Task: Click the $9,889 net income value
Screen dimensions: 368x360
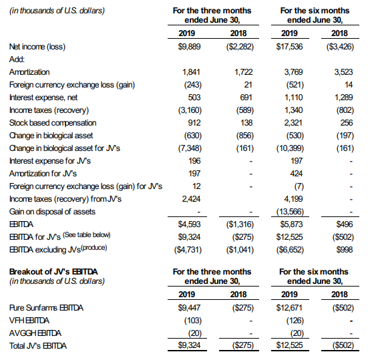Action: point(189,47)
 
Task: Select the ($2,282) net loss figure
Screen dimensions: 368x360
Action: point(240,47)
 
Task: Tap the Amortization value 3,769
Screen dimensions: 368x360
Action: point(293,72)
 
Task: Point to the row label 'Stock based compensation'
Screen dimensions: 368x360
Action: point(53,123)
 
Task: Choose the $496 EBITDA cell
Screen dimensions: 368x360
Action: point(345,224)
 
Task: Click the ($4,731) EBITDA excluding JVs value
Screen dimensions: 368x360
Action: point(188,250)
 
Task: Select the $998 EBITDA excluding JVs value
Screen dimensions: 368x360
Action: point(345,250)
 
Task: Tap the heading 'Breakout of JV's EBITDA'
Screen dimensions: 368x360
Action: point(53,272)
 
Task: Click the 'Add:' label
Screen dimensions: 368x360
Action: point(17,59)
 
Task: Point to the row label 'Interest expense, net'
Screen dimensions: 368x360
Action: point(43,98)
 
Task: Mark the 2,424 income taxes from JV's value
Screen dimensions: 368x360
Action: point(191,199)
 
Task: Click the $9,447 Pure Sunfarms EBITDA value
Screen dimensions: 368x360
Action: point(189,307)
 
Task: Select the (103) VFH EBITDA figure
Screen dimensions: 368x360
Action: point(193,321)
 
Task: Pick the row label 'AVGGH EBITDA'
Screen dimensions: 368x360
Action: point(35,333)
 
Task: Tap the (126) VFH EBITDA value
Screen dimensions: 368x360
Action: point(295,321)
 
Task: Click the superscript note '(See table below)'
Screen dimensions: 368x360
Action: point(87,234)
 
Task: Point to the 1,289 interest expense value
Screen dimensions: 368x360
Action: point(343,98)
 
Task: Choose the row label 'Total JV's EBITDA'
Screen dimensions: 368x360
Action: point(38,346)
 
